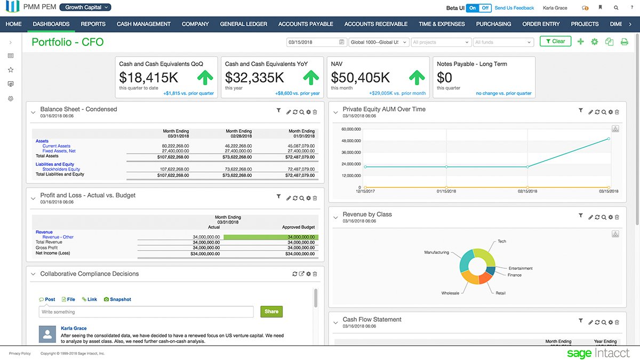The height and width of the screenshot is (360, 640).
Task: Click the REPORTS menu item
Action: coord(93,24)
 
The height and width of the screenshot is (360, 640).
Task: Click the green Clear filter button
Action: coord(555,41)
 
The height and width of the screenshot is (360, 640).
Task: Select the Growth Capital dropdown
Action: coord(85,7)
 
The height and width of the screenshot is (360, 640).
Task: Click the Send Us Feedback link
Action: coord(514,8)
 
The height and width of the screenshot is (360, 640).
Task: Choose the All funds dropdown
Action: coord(502,42)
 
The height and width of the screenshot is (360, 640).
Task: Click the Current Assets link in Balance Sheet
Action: coord(57,146)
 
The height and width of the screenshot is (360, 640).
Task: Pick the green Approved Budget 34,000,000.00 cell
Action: coord(271,237)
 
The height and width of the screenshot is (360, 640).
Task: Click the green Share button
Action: coord(271,311)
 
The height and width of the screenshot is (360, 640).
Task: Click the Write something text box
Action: coord(146,312)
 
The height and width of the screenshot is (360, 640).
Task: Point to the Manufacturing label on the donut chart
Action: coord(436,252)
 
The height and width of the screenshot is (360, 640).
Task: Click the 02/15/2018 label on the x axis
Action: coord(527,191)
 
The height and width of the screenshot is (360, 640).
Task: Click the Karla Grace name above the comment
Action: coord(74,329)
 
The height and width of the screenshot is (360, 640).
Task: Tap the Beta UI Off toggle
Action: coord(485,8)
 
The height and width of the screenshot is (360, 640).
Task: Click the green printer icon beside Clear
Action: coord(624,42)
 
